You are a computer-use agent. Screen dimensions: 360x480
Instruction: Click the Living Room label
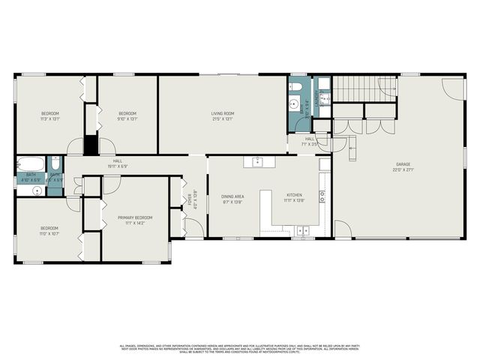point(223,113)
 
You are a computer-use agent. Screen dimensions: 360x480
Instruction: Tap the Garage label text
point(403,163)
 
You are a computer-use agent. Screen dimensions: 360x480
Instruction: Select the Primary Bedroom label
point(135,217)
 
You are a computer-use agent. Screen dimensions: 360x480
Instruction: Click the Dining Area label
point(232,196)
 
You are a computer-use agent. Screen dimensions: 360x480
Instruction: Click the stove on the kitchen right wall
point(322,197)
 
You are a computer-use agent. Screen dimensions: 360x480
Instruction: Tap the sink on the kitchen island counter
point(258,161)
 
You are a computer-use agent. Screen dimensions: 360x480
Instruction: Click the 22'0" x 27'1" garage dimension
point(403,169)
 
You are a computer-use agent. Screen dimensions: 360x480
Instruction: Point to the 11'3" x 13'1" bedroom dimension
point(49,118)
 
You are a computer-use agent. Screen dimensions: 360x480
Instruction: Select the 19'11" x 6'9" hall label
point(118,166)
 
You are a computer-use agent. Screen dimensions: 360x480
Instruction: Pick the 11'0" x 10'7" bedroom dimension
point(49,233)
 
